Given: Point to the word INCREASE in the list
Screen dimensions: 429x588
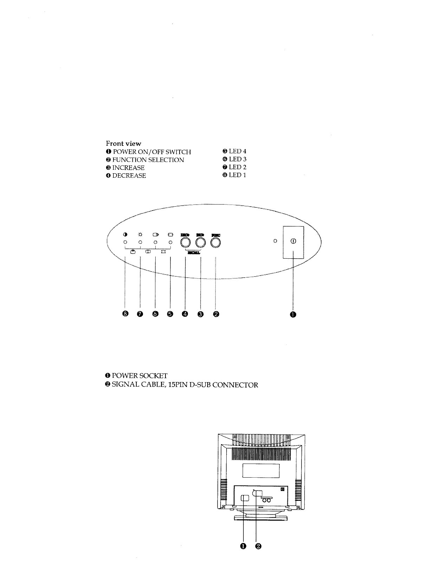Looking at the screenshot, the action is pyautogui.click(x=128, y=168).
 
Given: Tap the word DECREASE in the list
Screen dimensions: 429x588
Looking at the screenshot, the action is pyautogui.click(x=129, y=176).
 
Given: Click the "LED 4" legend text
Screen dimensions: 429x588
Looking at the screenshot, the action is pyautogui.click(x=238, y=151).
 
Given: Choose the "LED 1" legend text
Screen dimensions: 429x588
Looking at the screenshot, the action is pyautogui.click(x=238, y=175).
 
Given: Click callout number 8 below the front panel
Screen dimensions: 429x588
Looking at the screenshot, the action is pyautogui.click(x=125, y=314).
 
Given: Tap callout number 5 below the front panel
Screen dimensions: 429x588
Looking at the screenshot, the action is pyautogui.click(x=170, y=314).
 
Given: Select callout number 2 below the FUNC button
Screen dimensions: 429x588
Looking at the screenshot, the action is pyautogui.click(x=216, y=314).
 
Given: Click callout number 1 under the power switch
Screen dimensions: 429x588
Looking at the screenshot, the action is pyautogui.click(x=293, y=314).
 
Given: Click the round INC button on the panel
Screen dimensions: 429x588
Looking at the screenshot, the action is pyautogui.click(x=200, y=243).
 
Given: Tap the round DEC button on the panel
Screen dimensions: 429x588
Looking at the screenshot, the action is pyautogui.click(x=185, y=243).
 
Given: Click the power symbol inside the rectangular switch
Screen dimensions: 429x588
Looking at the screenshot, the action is pyautogui.click(x=293, y=241).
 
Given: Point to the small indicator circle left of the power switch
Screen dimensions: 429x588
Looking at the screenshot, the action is pyautogui.click(x=275, y=241).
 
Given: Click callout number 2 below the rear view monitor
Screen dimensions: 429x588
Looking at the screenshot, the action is pyautogui.click(x=258, y=546).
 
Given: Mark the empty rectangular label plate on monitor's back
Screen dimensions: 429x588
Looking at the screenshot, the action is pyautogui.click(x=261, y=471).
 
